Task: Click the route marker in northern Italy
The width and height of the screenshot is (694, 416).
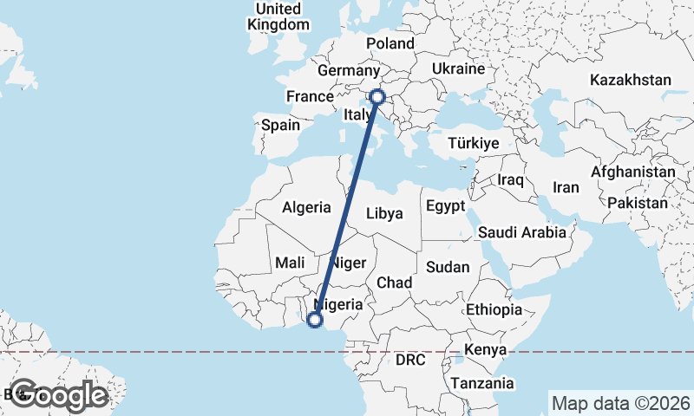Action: (x=377, y=97)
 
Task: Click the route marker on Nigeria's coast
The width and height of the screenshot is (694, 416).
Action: (x=315, y=320)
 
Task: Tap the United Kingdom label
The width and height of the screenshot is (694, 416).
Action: (x=278, y=16)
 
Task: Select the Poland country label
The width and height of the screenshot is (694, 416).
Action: (x=390, y=43)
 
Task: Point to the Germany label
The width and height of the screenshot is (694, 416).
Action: (x=349, y=70)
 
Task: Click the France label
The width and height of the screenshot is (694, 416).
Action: (x=310, y=96)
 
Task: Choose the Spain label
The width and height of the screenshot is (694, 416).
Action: (x=280, y=125)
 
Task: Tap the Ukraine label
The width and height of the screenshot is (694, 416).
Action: (x=457, y=68)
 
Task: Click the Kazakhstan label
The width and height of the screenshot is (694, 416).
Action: (x=631, y=80)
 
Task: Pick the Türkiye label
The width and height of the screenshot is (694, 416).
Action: (x=475, y=143)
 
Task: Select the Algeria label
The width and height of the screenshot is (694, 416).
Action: (x=306, y=207)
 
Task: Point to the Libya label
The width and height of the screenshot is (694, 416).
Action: (x=384, y=213)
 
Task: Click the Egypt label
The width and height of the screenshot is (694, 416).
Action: (x=445, y=206)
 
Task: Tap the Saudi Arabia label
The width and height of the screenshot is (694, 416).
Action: (x=522, y=232)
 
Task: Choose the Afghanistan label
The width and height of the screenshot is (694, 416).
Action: (x=632, y=172)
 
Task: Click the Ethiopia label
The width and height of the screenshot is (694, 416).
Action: (x=494, y=309)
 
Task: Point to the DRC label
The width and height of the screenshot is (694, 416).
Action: (x=410, y=359)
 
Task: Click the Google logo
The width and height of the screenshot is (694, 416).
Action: (x=59, y=395)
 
